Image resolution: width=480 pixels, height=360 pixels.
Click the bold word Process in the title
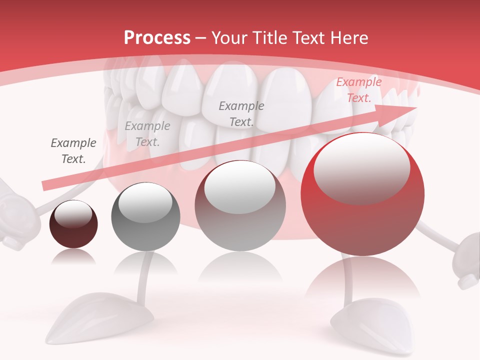[157, 38]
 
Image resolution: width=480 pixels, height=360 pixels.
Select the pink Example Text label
[358, 90]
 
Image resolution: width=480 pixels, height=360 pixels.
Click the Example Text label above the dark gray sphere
[147, 134]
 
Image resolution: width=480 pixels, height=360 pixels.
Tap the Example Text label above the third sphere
[241, 113]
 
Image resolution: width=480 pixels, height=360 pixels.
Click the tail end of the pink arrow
[46, 185]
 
